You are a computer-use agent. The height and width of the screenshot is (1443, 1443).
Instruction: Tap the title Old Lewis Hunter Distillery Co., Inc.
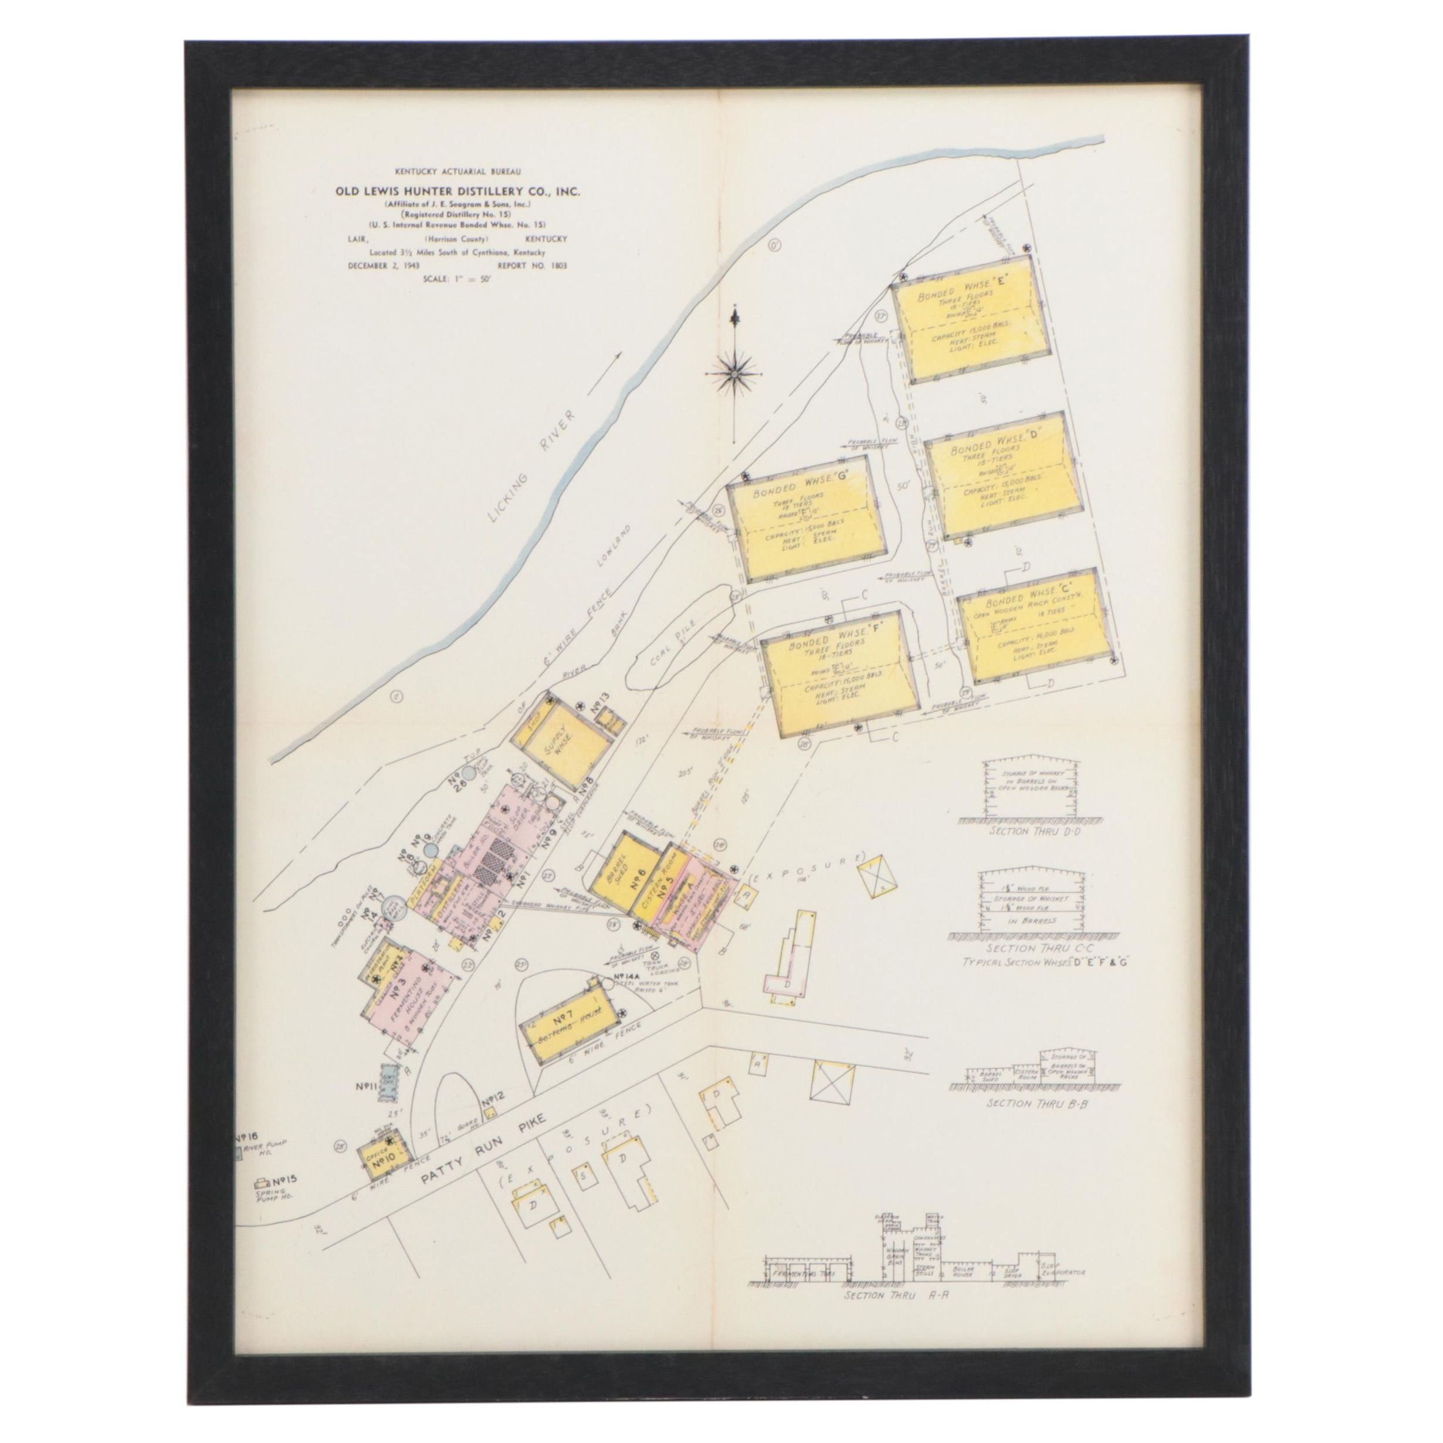click(457, 192)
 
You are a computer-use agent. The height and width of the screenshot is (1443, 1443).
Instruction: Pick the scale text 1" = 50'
click(457, 279)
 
